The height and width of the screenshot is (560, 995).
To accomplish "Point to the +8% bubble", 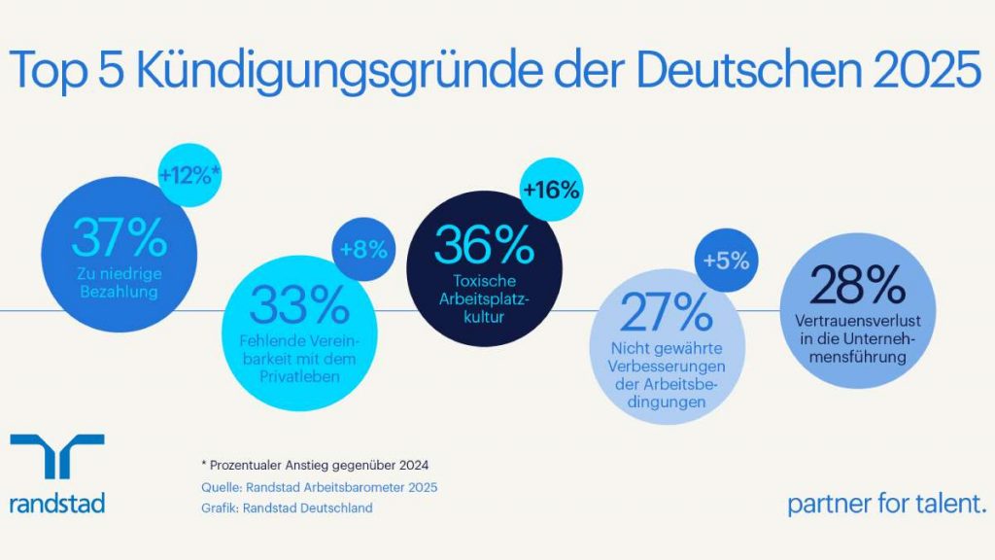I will click(363, 249).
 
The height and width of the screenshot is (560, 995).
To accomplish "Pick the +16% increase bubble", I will click(551, 190).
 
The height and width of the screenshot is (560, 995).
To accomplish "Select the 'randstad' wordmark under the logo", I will click(56, 505).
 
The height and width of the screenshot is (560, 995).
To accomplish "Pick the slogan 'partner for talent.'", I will click(887, 505).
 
